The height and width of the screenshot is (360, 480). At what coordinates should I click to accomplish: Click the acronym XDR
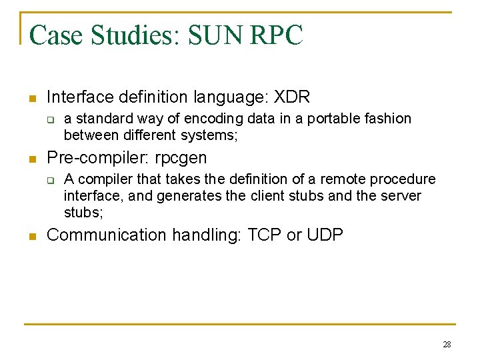(292, 97)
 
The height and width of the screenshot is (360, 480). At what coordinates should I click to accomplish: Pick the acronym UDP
(325, 235)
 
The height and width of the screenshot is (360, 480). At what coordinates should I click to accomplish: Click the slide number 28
(447, 345)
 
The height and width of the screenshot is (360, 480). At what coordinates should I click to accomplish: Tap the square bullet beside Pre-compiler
(31, 159)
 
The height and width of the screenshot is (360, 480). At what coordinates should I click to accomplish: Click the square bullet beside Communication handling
(31, 236)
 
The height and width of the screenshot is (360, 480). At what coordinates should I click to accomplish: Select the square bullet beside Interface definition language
(31, 99)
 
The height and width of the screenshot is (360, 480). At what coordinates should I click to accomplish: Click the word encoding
(210, 119)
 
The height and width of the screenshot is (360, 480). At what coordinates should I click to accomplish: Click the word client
(270, 196)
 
